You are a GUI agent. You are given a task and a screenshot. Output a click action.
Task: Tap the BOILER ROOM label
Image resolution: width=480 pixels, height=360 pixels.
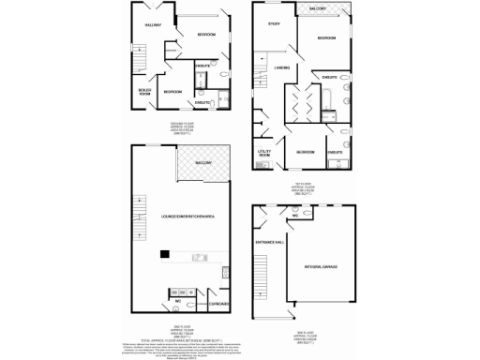[143, 91]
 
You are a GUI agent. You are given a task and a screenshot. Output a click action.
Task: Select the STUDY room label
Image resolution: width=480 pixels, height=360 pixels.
[275, 24]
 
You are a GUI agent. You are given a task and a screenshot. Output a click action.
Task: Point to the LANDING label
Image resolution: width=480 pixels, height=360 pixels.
[282, 67]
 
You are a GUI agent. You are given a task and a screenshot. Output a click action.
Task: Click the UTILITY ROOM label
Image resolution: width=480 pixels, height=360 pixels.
[264, 153]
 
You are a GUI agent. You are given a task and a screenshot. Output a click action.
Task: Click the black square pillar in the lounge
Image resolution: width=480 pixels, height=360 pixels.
[163, 252]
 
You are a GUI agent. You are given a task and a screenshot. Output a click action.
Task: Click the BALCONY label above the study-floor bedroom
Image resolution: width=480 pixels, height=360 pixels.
[316, 9]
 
